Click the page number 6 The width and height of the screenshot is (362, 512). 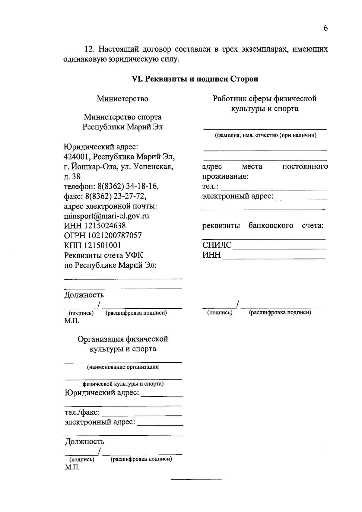[x=325, y=28]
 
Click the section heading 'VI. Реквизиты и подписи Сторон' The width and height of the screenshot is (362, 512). [x=195, y=79]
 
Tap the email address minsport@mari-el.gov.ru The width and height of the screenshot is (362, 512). [x=106, y=216]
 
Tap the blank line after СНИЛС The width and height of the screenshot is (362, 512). [x=280, y=248]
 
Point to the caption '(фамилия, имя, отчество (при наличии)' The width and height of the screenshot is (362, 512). [x=265, y=135]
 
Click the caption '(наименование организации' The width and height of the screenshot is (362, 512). [x=123, y=367]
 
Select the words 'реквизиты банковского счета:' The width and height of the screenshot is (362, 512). [x=263, y=226]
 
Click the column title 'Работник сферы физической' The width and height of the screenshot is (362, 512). [x=265, y=99]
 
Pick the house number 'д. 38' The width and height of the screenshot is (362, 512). [x=72, y=176]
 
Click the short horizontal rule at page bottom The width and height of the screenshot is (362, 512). [x=196, y=479]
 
